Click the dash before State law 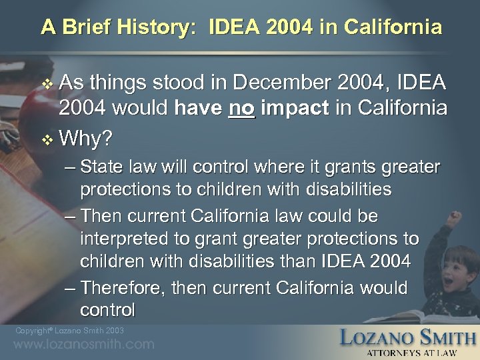click(x=71, y=167)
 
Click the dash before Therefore click(x=71, y=287)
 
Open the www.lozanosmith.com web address click(x=84, y=345)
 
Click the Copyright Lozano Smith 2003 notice click(x=69, y=331)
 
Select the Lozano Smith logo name click(x=407, y=337)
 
